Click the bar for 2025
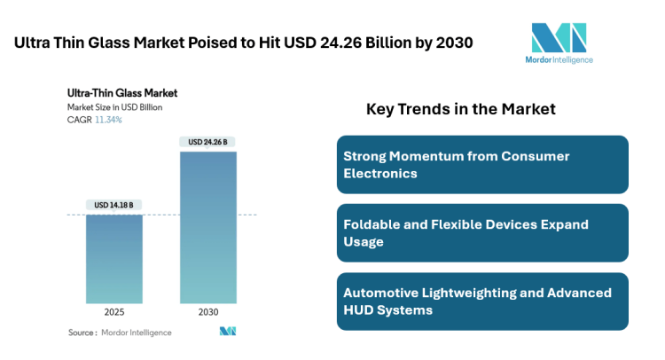tap(114, 259)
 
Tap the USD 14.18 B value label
tap(114, 205)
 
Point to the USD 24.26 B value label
tap(207, 142)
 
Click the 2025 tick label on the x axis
tap(114, 313)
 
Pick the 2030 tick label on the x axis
tap(207, 313)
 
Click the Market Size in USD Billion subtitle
tap(114, 107)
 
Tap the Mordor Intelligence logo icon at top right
tap(558, 38)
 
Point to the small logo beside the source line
tap(228, 332)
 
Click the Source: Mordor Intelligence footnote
tap(120, 333)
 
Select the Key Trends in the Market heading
tap(460, 109)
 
